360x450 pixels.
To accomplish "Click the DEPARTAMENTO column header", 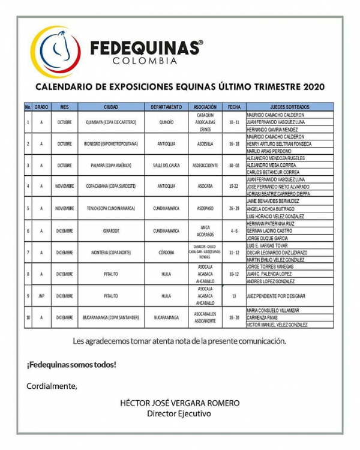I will pyautogui.click(x=166, y=107).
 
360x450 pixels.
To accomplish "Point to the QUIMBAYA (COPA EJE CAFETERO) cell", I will pyautogui.click(x=111, y=122).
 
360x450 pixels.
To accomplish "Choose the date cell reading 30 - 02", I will pyautogui.click(x=234, y=165).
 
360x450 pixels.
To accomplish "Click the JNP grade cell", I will pyautogui.click(x=41, y=296).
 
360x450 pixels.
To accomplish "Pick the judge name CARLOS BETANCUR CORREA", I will pyautogui.click(x=273, y=172).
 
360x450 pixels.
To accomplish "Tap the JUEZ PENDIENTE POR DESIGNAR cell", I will pyautogui.click(x=276, y=296).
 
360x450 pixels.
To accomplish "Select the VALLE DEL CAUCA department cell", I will pyautogui.click(x=166, y=165).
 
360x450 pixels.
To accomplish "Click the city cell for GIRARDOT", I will pyautogui.click(x=111, y=230).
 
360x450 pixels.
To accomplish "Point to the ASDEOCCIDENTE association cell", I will pyautogui.click(x=205, y=165).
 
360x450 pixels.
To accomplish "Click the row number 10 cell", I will pyautogui.click(x=28, y=317).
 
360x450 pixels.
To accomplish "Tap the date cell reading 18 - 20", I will pyautogui.click(x=234, y=317).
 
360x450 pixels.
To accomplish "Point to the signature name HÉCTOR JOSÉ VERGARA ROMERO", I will pyautogui.click(x=179, y=403).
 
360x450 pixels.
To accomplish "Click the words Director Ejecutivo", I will pyautogui.click(x=179, y=413).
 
